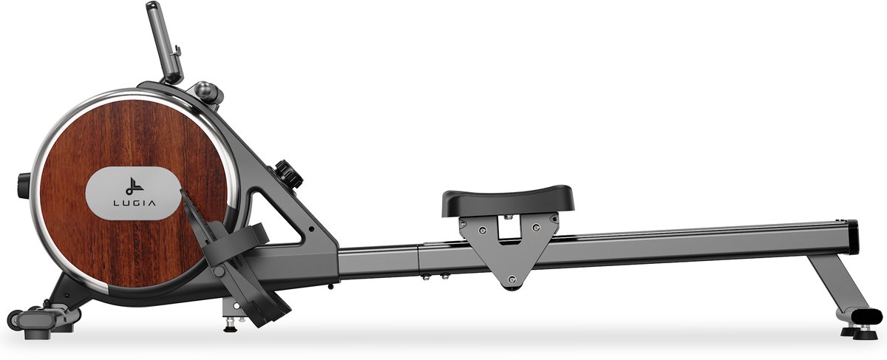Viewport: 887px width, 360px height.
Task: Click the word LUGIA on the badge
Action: (x=135, y=203)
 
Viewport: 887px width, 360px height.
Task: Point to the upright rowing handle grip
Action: (x=164, y=41)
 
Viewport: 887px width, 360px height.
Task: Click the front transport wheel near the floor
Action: (x=15, y=319)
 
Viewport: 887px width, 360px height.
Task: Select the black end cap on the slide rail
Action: (x=853, y=237)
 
